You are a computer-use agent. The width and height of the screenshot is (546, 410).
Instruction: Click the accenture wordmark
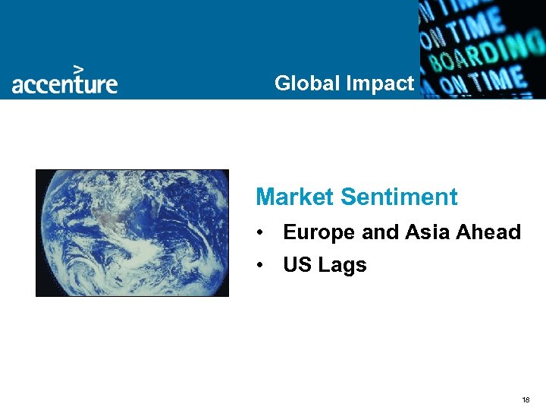click(x=64, y=84)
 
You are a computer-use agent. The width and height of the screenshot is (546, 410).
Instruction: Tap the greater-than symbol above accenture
click(x=77, y=68)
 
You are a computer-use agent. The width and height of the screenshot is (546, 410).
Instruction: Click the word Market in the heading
click(x=295, y=197)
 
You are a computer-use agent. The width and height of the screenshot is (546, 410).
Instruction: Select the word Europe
click(x=319, y=233)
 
